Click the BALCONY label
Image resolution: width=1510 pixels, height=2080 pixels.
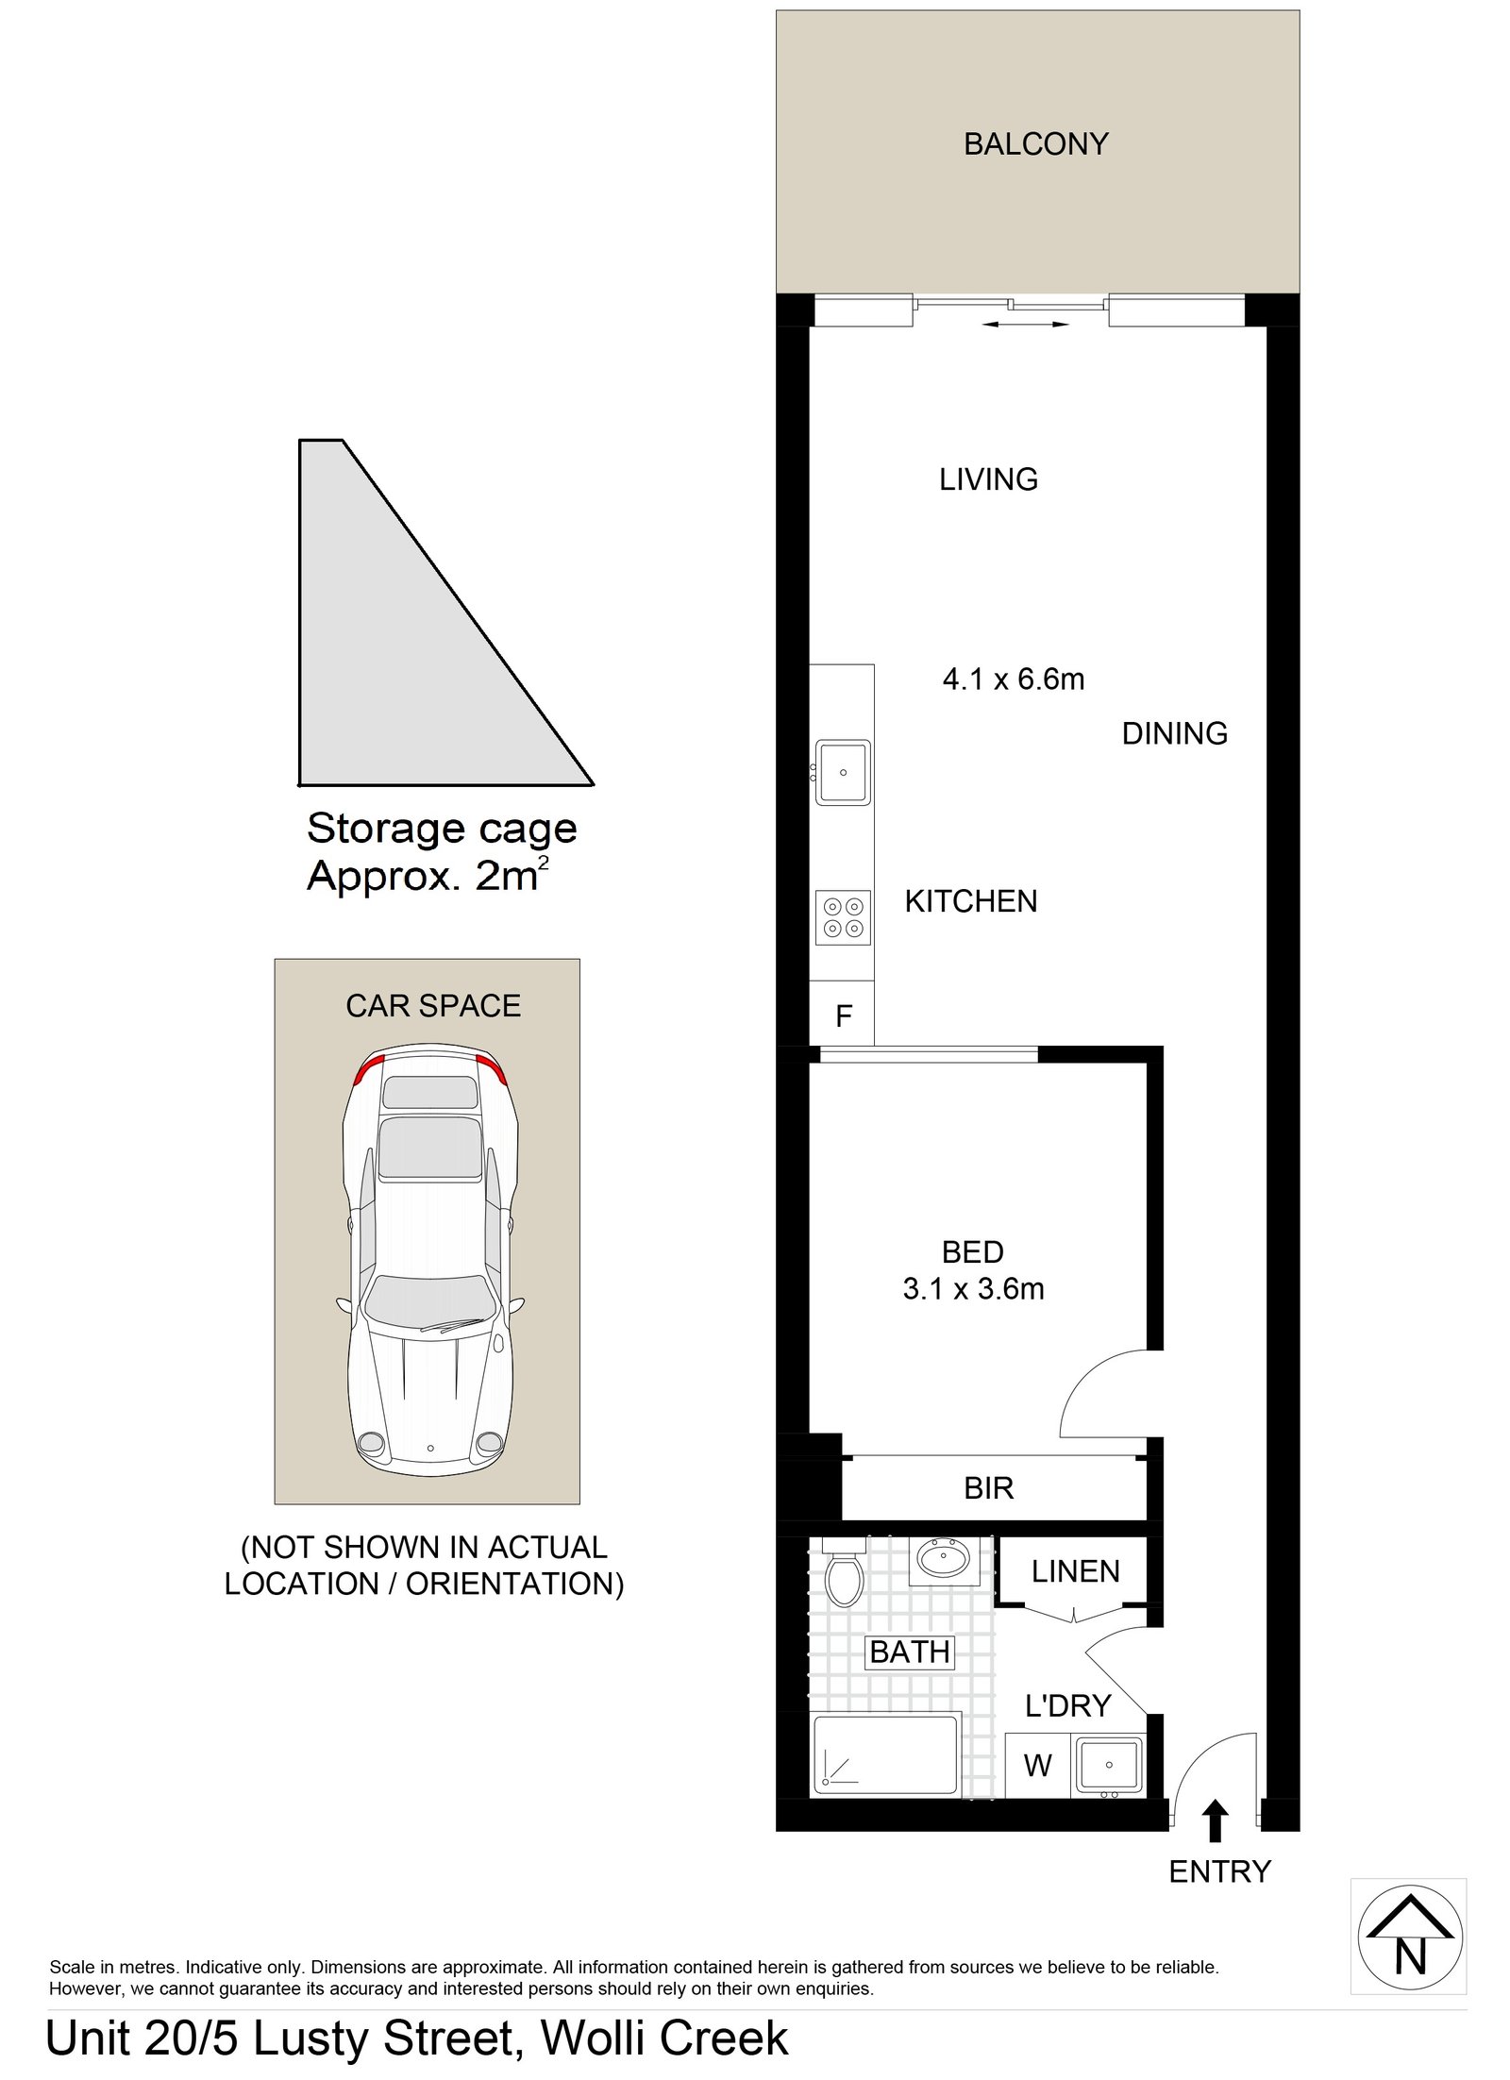[1035, 144]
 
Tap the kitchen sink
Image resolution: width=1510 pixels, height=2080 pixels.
[843, 772]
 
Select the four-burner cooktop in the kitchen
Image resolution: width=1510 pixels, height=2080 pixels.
[843, 916]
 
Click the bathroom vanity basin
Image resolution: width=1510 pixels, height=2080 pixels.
[944, 1559]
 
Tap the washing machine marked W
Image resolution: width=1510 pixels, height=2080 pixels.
[1037, 1766]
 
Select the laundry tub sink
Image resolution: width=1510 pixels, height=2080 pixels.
[1108, 1765]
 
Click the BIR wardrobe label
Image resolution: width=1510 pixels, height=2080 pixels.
[988, 1488]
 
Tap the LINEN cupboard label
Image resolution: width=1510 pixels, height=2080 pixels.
[1075, 1571]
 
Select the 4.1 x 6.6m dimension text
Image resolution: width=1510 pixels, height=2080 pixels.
[1014, 679]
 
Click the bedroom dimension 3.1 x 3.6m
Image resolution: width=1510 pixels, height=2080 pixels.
[973, 1288]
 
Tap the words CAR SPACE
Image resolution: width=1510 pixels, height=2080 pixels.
[433, 1006]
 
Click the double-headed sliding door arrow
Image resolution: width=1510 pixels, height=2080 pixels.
[1025, 325]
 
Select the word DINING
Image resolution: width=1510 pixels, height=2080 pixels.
[1174, 733]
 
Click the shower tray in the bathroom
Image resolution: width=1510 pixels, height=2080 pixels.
[887, 1755]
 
